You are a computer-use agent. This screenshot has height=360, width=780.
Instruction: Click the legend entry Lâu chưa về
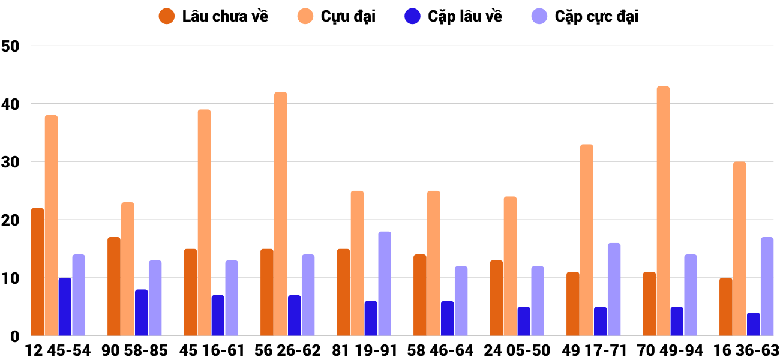pyautogui.click(x=213, y=16)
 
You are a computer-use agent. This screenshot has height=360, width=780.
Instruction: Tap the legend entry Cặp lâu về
pyautogui.click(x=453, y=16)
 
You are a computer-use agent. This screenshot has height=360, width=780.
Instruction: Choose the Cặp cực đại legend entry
pyautogui.click(x=585, y=16)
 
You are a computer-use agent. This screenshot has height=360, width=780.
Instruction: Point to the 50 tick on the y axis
pyautogui.click(x=11, y=46)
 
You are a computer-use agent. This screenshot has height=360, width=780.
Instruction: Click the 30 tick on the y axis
pyautogui.click(x=11, y=162)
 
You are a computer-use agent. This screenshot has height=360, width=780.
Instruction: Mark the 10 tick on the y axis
pyautogui.click(x=11, y=278)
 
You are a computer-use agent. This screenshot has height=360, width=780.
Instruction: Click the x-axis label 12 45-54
pyautogui.click(x=58, y=350)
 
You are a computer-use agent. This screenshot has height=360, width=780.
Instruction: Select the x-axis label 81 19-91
pyautogui.click(x=364, y=350)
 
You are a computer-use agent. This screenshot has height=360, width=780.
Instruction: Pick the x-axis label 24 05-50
pyautogui.click(x=517, y=350)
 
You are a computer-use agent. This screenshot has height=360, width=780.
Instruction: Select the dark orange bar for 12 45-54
pyautogui.click(x=37, y=272)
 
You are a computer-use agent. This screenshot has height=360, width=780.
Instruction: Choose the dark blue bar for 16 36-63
pyautogui.click(x=753, y=324)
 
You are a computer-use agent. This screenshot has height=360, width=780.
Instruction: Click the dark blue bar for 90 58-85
pyautogui.click(x=141, y=313)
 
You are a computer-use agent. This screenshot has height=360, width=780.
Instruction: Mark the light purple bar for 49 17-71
pyautogui.click(x=614, y=289)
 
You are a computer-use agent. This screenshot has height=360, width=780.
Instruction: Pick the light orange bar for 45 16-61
pyautogui.click(x=204, y=223)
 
